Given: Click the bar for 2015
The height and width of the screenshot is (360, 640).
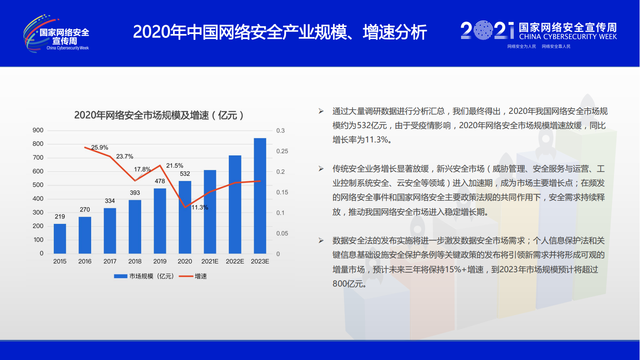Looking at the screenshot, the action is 60,239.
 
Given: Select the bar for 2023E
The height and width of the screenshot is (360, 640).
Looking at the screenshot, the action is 260,196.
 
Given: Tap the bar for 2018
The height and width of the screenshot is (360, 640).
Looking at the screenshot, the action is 135,226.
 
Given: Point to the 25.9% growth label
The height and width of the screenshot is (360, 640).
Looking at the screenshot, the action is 100,147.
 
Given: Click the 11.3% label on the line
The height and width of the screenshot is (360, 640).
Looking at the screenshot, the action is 200,208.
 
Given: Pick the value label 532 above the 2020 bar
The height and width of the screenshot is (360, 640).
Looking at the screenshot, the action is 185,174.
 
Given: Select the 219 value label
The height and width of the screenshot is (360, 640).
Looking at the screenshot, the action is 60,217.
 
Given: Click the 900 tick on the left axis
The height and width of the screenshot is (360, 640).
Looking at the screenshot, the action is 38,130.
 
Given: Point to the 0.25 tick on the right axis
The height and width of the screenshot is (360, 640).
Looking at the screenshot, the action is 282,151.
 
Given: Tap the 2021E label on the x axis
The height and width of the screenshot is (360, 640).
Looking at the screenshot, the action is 210,261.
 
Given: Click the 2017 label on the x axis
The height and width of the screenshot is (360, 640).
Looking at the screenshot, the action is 110,261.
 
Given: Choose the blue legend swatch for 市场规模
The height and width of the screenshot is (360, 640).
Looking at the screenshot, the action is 121,276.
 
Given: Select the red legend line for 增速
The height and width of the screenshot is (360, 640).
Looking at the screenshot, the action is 186,276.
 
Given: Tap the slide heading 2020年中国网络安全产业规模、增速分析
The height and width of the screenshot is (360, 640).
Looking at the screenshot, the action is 280,32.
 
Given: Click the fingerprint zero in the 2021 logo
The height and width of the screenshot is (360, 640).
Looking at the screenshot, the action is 483,30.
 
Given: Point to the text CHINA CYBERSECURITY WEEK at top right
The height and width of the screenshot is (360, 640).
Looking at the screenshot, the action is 568,37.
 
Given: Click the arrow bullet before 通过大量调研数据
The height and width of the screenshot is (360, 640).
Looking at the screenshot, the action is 321,111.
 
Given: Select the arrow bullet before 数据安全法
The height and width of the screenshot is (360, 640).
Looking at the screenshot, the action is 321,241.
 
